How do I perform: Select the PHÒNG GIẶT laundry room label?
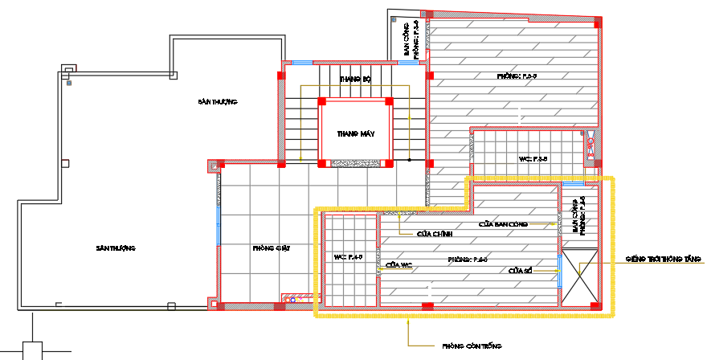271,248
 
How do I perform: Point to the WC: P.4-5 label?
349,257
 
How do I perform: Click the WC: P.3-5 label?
533,159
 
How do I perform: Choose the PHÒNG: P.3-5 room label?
517,76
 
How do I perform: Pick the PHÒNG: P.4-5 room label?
468,260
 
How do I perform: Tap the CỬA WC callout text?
398,264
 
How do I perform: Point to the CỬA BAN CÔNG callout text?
503,224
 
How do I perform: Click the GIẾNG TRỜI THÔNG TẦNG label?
664,260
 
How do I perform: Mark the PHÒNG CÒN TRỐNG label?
472,346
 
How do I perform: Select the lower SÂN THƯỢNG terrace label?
115,248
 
